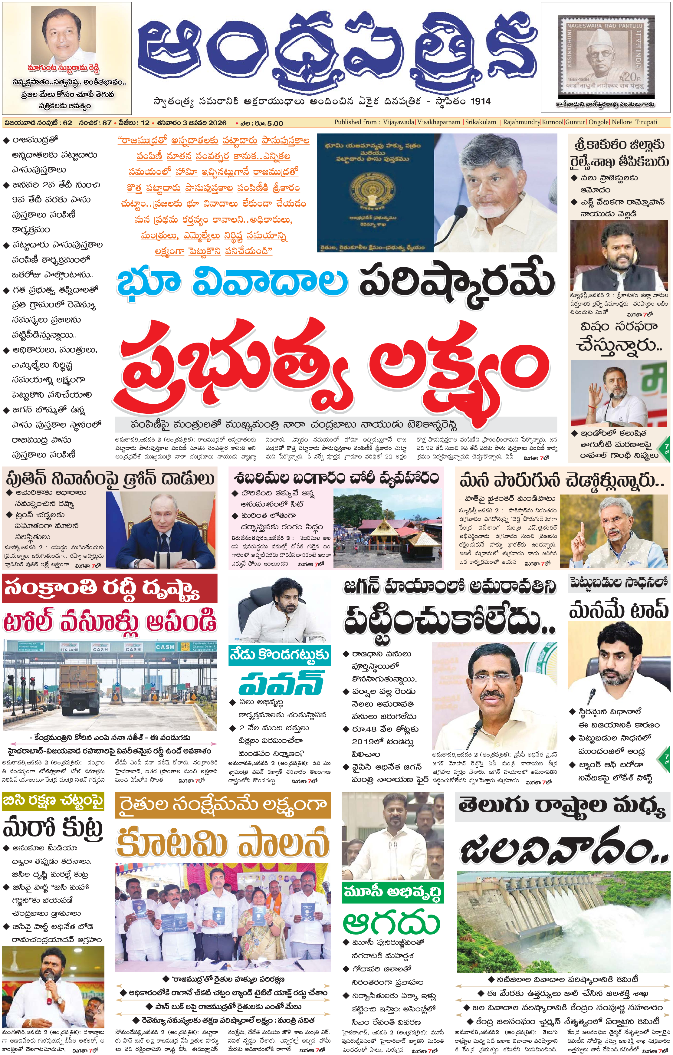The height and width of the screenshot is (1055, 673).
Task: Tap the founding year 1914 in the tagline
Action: (x=480, y=101)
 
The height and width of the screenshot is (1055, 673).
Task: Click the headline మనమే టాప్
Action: (x=619, y=610)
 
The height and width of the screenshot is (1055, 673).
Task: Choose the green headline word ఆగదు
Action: (x=391, y=924)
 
